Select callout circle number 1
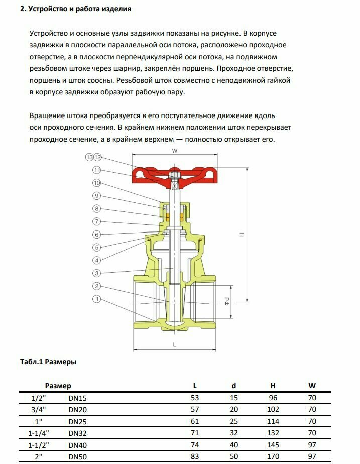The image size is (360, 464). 97,299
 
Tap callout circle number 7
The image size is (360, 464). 97,221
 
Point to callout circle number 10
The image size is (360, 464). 97,183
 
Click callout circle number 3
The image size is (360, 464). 97,273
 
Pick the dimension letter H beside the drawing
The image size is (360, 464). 242,234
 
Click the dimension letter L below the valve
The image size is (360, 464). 174,344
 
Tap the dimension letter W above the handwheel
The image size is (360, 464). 174,151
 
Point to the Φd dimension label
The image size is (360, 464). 227,302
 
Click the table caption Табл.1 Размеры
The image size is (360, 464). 48,362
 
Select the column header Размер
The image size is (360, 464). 58,386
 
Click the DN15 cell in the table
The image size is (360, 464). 78,398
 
